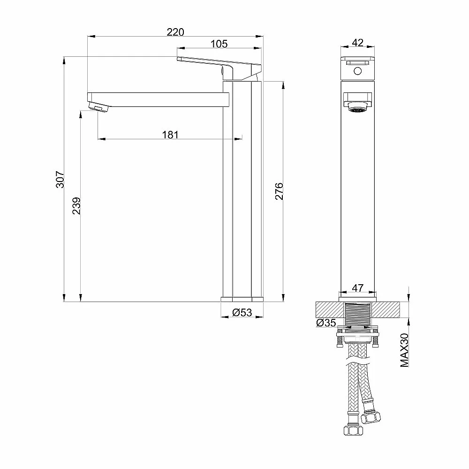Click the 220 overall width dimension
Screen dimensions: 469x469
175,32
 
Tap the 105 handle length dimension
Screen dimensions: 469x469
219,44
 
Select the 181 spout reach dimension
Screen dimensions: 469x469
170,135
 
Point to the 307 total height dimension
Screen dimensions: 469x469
60,180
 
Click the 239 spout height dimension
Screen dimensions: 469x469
76,205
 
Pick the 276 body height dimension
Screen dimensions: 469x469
279,191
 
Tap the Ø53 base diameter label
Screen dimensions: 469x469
242,312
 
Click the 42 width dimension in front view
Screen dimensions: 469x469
357,43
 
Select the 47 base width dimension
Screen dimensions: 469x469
358,288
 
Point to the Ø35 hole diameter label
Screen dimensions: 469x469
326,323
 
